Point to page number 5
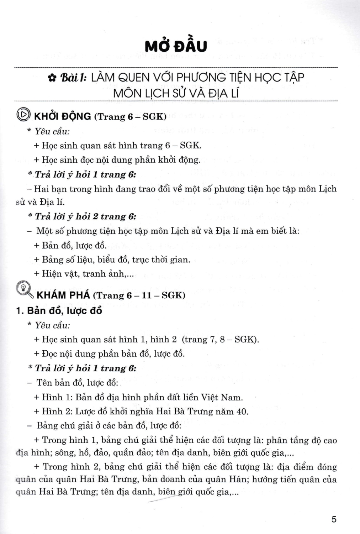tap(334, 519)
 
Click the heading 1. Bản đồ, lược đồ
tap(59, 311)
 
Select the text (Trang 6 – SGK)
tap(130, 117)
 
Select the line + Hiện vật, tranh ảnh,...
tap(81, 274)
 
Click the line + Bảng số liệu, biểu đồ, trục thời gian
tap(112, 260)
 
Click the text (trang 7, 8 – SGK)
tap(220, 339)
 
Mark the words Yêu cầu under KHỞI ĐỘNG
tap(52, 131)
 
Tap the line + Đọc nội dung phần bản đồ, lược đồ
tap(109, 354)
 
